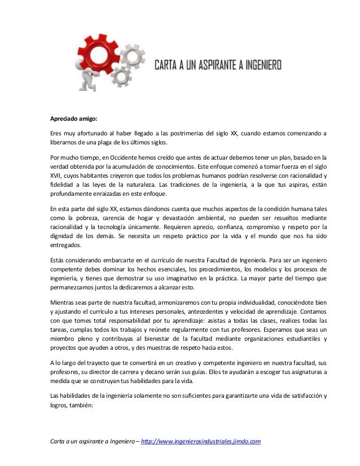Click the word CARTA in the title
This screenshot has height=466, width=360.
[169, 65]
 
